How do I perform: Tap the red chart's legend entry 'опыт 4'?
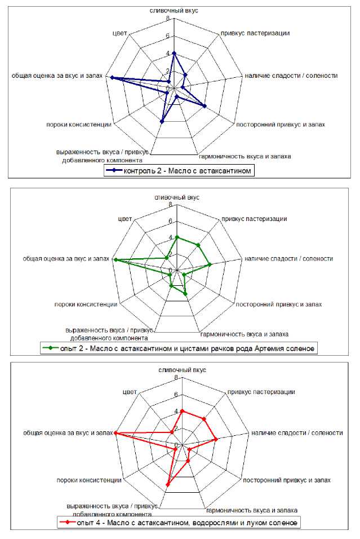pos(179,523)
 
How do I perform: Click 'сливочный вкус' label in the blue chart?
pos(174,11)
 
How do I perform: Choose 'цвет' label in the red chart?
pos(128,391)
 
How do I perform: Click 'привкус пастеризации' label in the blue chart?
pos(255,33)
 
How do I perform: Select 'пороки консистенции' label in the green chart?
pos(86,304)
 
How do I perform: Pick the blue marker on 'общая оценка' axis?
pos(113,78)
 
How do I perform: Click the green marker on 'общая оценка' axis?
pos(115,260)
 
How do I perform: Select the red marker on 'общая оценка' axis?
pos(115,433)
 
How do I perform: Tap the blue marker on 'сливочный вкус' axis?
pos(174,54)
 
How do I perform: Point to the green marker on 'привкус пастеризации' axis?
pos(198,245)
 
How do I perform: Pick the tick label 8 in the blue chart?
pos(167,18)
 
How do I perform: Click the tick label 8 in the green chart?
pos(170,204)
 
